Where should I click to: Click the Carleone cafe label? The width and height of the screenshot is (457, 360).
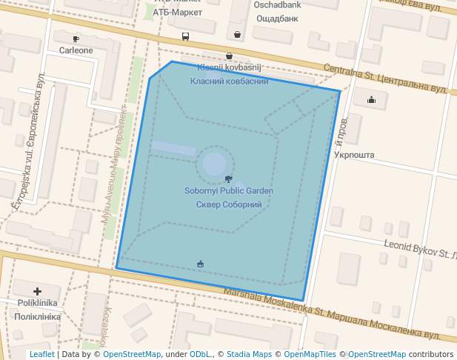(76, 50)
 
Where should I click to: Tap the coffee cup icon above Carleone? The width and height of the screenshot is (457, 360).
(76, 39)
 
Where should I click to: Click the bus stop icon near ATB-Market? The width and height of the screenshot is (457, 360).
(185, 36)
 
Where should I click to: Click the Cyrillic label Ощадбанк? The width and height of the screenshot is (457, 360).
(276, 18)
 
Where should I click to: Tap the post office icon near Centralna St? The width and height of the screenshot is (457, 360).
(371, 99)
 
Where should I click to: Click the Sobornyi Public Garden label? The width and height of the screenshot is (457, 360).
(229, 191)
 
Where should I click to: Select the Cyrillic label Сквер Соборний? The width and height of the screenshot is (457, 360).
(229, 204)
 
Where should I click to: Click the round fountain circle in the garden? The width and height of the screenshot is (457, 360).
(215, 164)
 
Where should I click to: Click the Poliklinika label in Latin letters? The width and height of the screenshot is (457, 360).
(37, 304)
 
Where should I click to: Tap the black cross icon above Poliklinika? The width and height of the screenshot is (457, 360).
(37, 292)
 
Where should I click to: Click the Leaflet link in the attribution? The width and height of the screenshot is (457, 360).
(41, 355)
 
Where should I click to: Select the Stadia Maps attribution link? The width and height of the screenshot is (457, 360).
(248, 355)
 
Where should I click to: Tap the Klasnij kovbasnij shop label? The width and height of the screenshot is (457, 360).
(229, 67)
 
